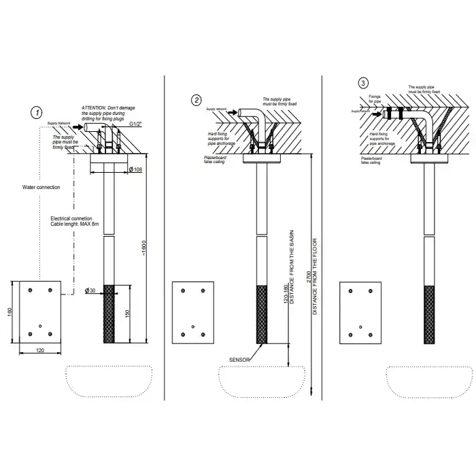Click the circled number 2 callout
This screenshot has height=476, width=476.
coord(197,101)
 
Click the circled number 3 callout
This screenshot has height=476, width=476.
coord(364,83)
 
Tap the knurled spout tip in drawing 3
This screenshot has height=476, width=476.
coord(428,314)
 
